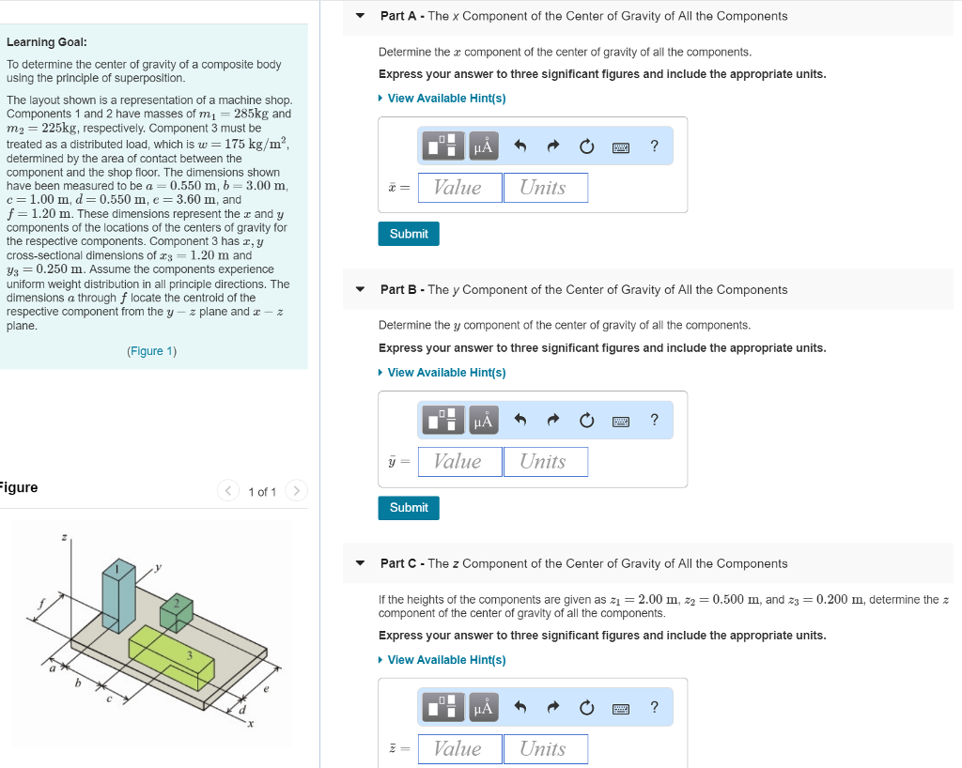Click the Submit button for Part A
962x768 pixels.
tap(409, 234)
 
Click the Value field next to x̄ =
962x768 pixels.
tap(459, 188)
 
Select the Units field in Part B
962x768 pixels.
tap(545, 462)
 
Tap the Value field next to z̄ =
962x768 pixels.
tap(459, 748)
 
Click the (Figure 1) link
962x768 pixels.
tap(151, 351)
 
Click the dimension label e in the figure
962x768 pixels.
tap(266, 689)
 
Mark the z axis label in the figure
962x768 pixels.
tap(64, 537)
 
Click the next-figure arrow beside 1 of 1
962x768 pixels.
tap(296, 491)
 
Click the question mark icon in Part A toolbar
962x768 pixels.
tap(655, 146)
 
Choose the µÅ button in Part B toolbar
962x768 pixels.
tap(483, 421)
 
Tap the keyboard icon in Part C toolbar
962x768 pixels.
tap(621, 708)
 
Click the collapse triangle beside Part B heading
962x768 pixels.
tap(360, 290)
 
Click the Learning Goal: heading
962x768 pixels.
tap(47, 42)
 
